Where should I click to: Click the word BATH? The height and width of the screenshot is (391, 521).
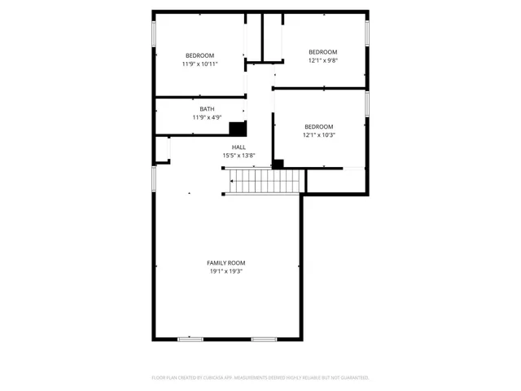(x=208, y=109)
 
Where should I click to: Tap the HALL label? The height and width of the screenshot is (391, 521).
(x=239, y=147)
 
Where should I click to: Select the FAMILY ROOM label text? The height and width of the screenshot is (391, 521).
(x=225, y=262)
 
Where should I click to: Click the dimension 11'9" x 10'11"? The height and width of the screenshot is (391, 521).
(x=199, y=64)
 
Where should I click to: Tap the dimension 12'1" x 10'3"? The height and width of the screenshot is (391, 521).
(x=318, y=134)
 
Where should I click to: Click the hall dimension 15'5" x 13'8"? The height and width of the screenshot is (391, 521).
(x=239, y=156)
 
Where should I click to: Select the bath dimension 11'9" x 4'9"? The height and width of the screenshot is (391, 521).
(x=208, y=117)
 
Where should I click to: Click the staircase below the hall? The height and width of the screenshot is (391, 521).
(x=264, y=182)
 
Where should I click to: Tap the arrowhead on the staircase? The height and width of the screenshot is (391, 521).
(x=230, y=182)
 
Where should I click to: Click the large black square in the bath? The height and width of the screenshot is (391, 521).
(x=238, y=129)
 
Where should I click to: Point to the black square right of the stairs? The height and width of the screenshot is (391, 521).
(x=278, y=164)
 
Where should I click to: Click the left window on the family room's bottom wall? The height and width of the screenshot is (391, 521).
(x=190, y=338)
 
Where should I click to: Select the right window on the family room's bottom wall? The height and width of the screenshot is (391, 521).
(x=263, y=338)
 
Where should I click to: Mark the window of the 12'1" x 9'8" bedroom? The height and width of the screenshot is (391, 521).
(x=368, y=33)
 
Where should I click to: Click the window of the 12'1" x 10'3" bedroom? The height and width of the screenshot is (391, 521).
(x=368, y=103)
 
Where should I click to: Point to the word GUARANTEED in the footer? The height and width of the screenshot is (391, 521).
(x=353, y=378)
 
